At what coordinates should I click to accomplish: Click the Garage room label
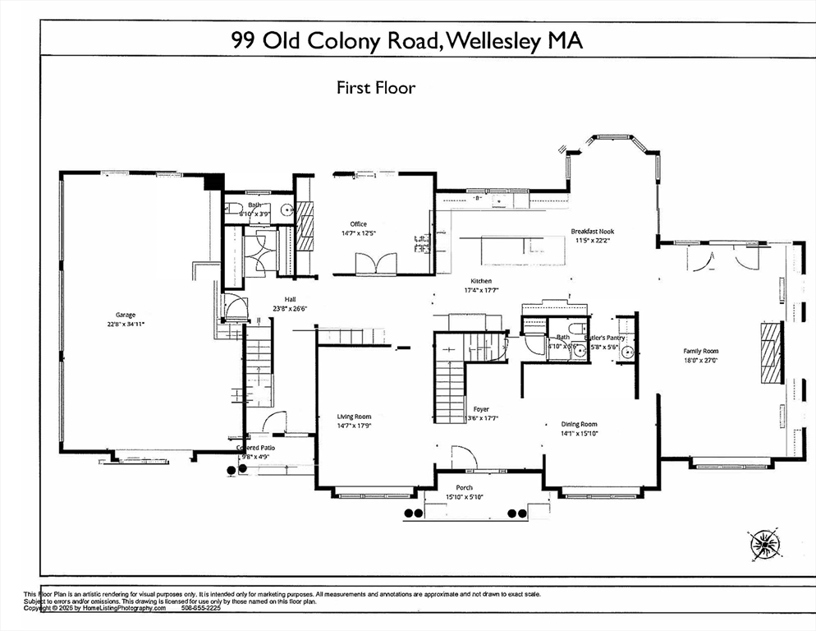pyautogui.click(x=125, y=315)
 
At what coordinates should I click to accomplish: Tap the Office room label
pyautogui.click(x=358, y=223)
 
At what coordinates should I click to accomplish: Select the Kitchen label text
pyautogui.click(x=481, y=281)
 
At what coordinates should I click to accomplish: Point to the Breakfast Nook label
pyautogui.click(x=592, y=232)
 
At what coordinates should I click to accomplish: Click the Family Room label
pyautogui.click(x=700, y=351)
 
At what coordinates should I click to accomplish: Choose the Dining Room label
pyautogui.click(x=579, y=424)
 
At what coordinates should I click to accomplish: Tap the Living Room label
pyautogui.click(x=355, y=417)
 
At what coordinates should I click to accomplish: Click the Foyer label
pyautogui.click(x=481, y=409)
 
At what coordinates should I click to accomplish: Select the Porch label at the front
pyautogui.click(x=465, y=488)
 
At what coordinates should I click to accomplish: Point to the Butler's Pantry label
pyautogui.click(x=606, y=338)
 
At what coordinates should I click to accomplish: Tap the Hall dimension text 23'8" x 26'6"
pyautogui.click(x=290, y=309)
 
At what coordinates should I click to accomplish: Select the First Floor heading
pyautogui.click(x=376, y=87)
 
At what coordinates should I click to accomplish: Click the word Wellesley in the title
pyautogui.click(x=495, y=42)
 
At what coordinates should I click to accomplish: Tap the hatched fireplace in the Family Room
pyautogui.click(x=770, y=351)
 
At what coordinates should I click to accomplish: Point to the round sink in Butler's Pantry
pyautogui.click(x=627, y=354)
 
